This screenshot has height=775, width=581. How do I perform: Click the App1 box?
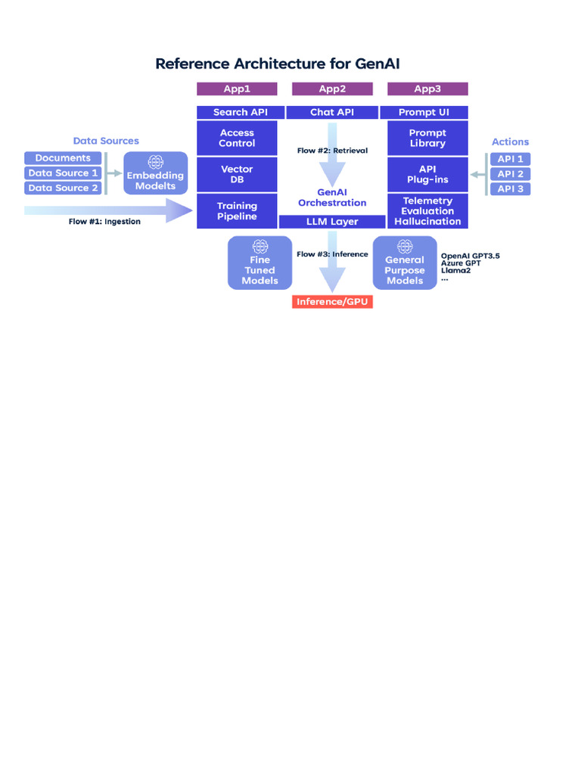(237, 89)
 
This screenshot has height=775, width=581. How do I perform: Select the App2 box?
(332, 89)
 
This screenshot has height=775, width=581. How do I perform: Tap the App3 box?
(427, 89)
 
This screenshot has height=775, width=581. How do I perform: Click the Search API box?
(240, 113)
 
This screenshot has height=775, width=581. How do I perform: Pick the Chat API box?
(332, 113)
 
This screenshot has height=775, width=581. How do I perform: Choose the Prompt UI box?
(424, 113)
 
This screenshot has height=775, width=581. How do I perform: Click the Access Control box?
(237, 138)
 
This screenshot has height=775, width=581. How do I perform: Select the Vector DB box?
(237, 174)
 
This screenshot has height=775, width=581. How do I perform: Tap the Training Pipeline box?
(237, 211)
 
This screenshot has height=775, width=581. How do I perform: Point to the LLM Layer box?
(333, 222)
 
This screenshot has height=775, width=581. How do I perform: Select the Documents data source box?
(63, 158)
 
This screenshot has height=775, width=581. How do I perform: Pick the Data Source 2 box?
(63, 188)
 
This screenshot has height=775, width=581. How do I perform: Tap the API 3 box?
(510, 188)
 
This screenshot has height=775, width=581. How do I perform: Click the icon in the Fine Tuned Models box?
(260, 246)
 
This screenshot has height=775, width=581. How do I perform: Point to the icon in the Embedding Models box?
(155, 162)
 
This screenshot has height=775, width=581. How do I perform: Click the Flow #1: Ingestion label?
(104, 222)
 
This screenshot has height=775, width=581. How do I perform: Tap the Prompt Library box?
(427, 138)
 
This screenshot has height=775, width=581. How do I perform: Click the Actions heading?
(510, 142)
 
